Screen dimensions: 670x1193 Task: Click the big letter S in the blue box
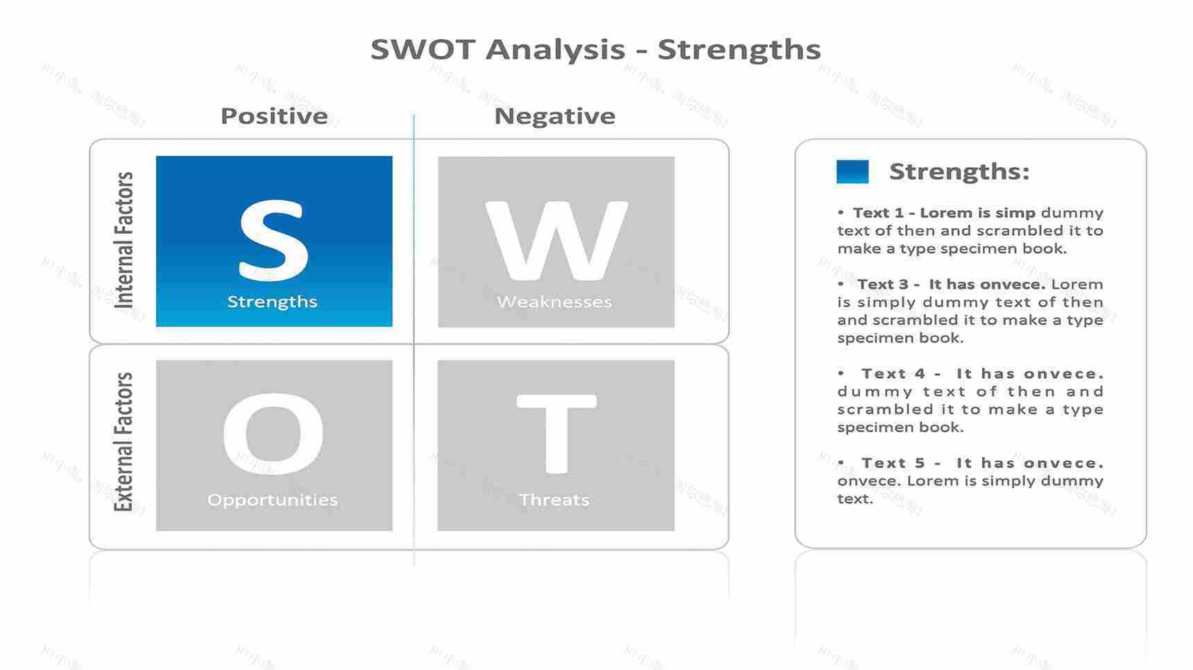[x=273, y=240]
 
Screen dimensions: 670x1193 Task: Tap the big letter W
[x=556, y=240]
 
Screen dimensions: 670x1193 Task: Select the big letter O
[x=273, y=434]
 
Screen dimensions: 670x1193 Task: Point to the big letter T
[x=556, y=434]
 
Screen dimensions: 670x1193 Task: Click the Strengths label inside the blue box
[x=273, y=302]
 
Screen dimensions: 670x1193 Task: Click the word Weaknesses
[x=555, y=302]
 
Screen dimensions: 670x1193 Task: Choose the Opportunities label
[x=273, y=500]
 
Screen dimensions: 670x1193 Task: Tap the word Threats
[x=554, y=500]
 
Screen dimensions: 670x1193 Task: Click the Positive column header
[x=274, y=116]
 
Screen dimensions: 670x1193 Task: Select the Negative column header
[x=555, y=116]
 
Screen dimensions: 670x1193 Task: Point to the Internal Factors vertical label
[x=123, y=240]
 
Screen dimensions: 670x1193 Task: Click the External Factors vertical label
[x=123, y=443]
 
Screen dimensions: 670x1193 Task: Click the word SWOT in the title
[x=422, y=50]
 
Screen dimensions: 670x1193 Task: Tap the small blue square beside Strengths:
[x=852, y=171]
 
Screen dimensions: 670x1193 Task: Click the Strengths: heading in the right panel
[x=959, y=171]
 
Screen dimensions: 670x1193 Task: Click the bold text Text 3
[x=882, y=284]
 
